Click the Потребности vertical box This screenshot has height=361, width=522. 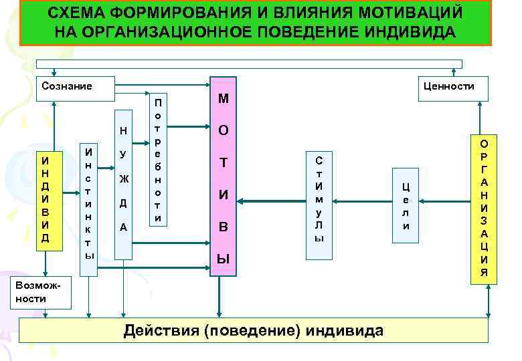click(x=158, y=160)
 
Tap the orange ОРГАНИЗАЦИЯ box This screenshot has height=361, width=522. click(x=484, y=208)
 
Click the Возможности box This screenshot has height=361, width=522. click(x=41, y=291)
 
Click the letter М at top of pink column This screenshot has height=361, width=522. click(x=224, y=99)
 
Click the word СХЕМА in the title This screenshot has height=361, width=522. click(x=79, y=15)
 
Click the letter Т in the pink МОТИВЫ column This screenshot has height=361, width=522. click(x=224, y=163)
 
